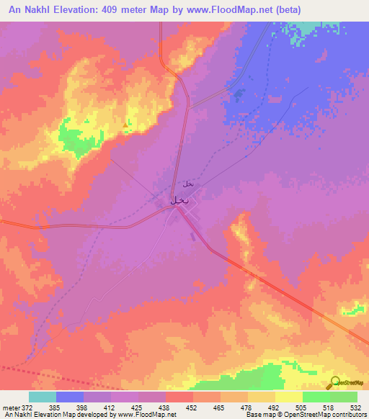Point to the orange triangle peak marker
point(126,125)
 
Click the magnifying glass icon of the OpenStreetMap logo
point(335,382)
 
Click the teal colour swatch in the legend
point(43,396)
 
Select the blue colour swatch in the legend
point(70,396)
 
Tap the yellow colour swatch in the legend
point(288,396)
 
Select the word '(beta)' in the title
point(286,9)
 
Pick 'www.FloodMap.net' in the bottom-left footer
point(143,415)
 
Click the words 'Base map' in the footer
point(258,415)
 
